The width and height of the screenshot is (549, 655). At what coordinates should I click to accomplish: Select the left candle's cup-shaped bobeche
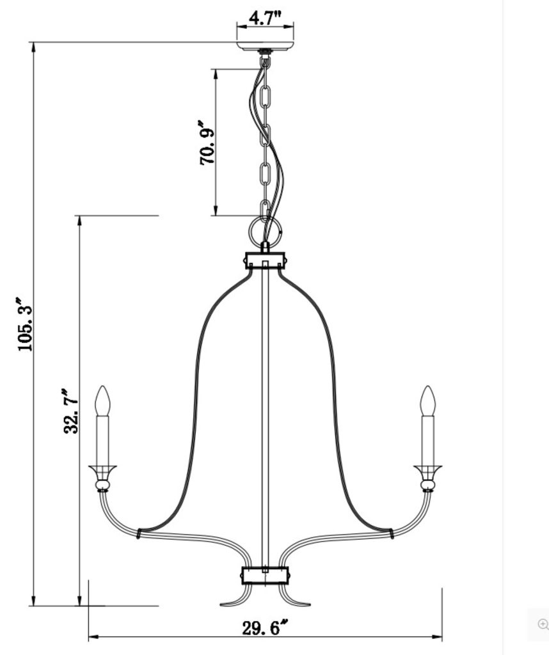pos(102,471)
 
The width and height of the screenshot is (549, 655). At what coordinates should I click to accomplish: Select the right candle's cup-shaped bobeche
pos(427,471)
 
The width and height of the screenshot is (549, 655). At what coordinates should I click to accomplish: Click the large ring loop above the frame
pos(264,230)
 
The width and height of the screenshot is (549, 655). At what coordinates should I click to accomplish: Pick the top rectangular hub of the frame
pos(265,260)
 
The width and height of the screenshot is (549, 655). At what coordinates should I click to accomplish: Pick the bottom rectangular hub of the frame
pos(265,575)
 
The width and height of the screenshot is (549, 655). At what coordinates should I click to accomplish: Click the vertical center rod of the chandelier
pos(265,416)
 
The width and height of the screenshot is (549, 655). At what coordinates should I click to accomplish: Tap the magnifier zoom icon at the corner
pos(543,624)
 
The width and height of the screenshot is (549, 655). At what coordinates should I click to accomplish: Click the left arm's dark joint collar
pos(139,532)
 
